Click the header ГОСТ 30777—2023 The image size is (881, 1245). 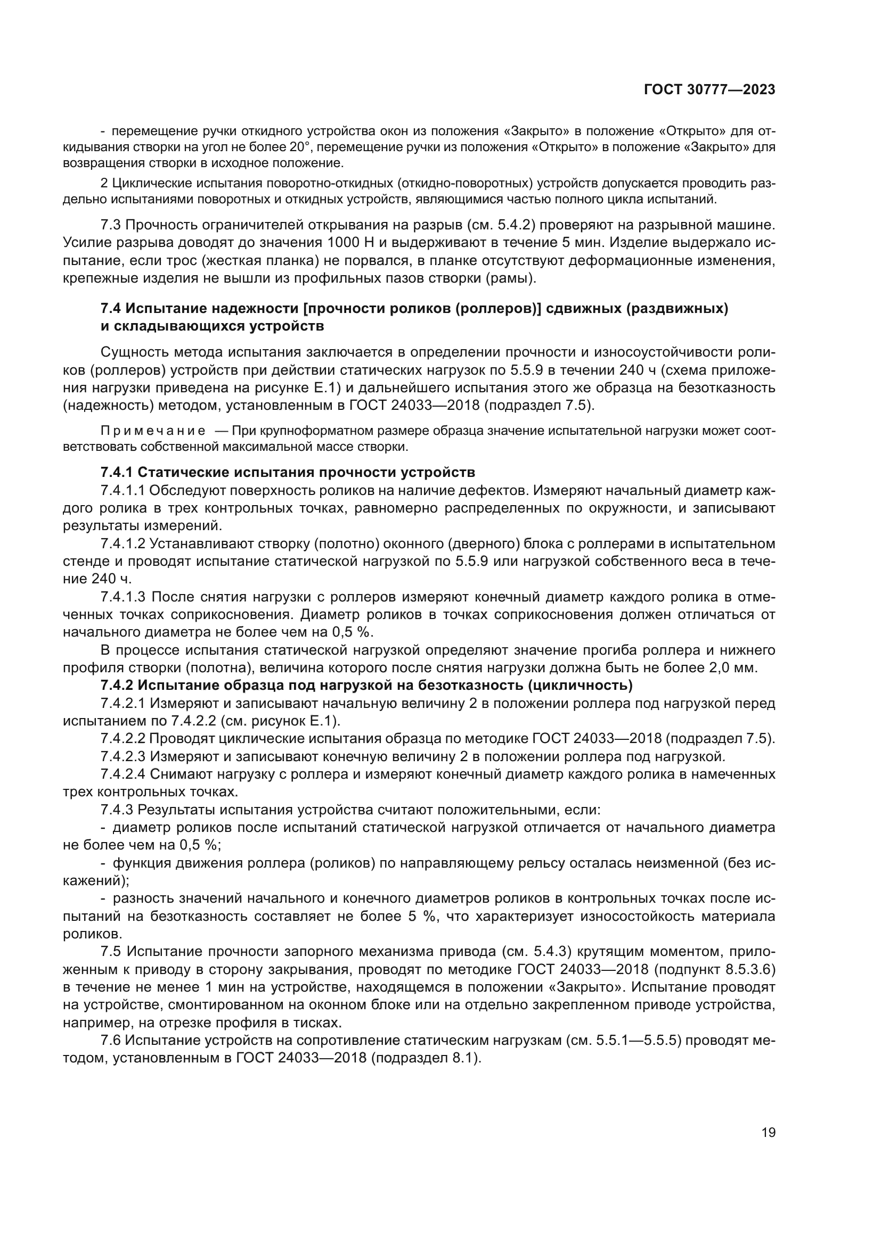click(x=709, y=89)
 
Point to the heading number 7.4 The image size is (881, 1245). click(x=112, y=309)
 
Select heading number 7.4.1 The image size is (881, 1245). click(x=117, y=472)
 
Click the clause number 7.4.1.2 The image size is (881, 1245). click(x=123, y=544)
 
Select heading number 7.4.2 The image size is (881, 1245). click(x=117, y=686)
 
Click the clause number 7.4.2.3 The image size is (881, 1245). click(x=123, y=756)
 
